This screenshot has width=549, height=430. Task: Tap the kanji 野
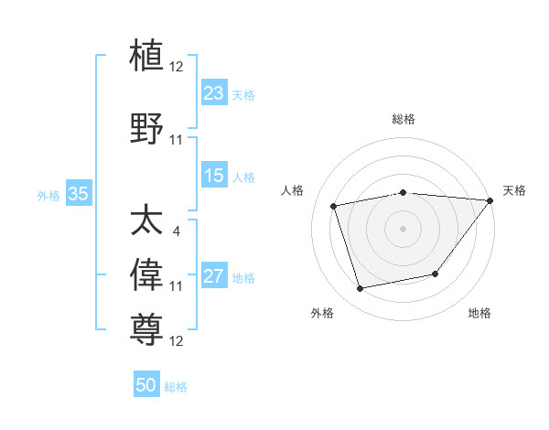coord(148,128)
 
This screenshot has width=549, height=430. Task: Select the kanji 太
coord(148,221)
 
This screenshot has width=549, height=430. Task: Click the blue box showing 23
coord(214,93)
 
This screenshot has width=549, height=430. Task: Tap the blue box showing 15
coord(214,176)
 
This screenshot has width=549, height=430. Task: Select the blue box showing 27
coord(214,276)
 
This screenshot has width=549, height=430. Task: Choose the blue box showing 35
coord(78,194)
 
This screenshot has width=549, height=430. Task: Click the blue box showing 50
coord(146,385)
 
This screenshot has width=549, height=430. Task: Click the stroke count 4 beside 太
coord(176,231)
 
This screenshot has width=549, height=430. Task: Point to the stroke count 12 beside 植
coord(177,66)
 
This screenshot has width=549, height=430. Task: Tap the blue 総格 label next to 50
coord(176,387)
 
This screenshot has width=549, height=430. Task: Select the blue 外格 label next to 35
coord(48,195)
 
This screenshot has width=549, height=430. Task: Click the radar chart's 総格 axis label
coord(404,119)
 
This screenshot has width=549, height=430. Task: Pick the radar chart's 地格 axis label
coord(479,314)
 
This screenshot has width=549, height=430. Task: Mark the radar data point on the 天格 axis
coord(490,200)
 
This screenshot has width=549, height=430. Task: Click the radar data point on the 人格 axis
coord(335,206)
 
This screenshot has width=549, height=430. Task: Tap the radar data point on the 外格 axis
coord(361,288)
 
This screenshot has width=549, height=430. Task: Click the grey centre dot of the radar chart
coord(404,229)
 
